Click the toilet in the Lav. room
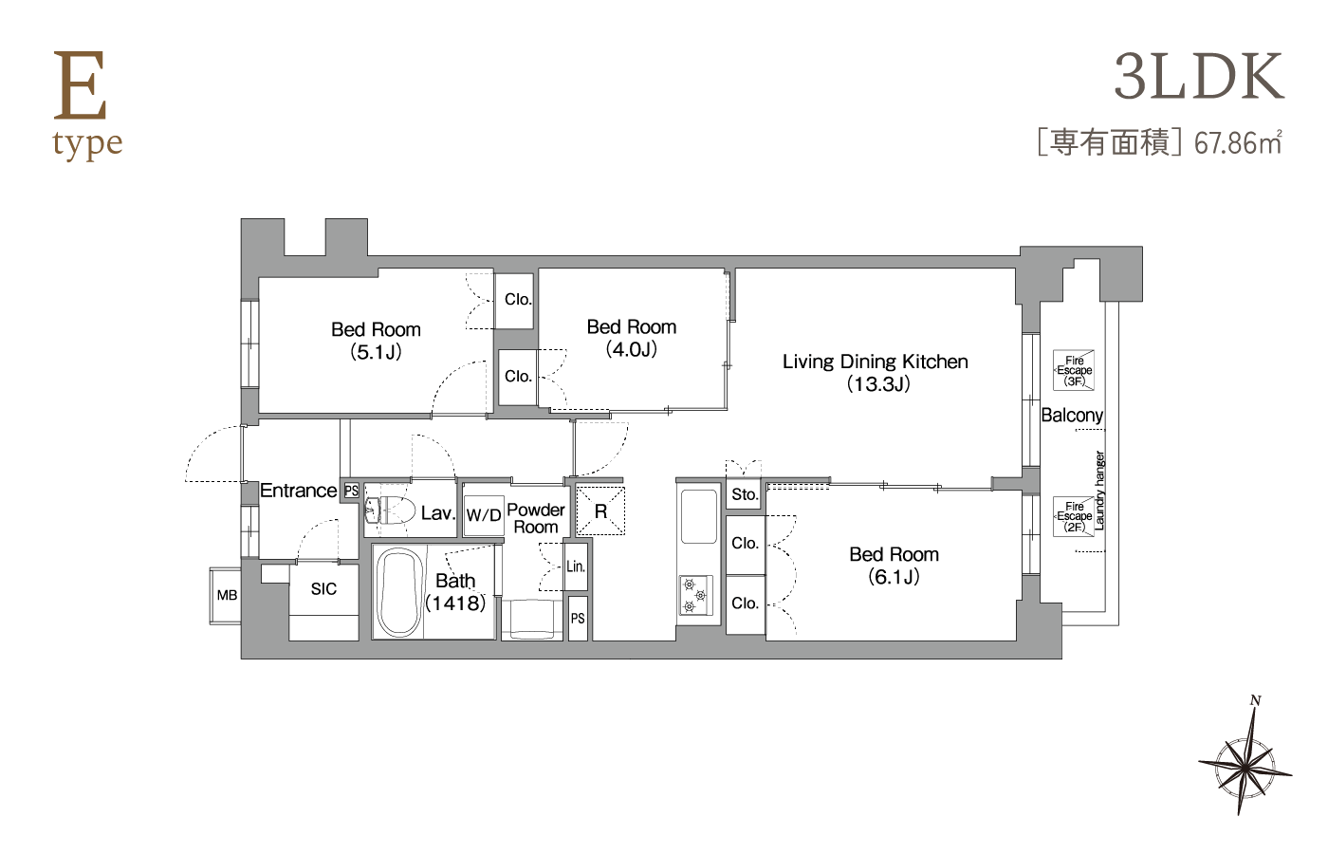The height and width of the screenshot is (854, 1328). (x=389, y=510)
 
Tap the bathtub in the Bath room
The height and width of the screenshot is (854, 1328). (x=399, y=592)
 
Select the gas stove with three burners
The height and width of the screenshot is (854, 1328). (x=695, y=595)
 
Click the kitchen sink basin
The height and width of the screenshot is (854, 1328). (x=700, y=515)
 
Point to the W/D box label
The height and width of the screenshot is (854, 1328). (x=484, y=514)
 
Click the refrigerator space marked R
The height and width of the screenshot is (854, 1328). (x=599, y=511)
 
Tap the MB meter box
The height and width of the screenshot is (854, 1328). (x=226, y=596)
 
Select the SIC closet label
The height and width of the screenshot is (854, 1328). (x=323, y=589)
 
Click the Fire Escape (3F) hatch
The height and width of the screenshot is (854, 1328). (x=1074, y=370)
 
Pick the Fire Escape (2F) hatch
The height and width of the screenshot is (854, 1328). (x=1074, y=516)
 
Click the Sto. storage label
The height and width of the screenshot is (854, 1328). (x=745, y=494)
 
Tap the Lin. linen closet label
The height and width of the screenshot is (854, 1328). (x=576, y=566)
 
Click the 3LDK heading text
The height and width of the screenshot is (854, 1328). (x=1199, y=77)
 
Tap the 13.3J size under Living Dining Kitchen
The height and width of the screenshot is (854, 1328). (x=878, y=384)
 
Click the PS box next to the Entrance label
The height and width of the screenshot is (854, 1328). (x=352, y=491)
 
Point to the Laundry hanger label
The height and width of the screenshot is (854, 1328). (x=1099, y=491)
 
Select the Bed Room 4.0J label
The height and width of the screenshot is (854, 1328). (x=632, y=338)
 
